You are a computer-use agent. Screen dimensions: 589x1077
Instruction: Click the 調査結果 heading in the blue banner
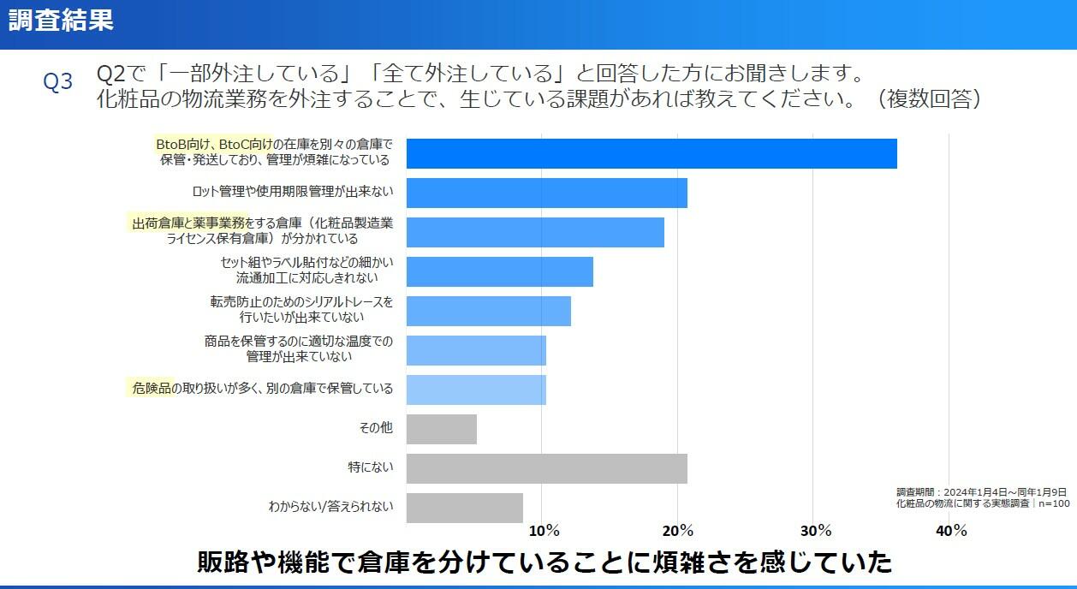click(x=62, y=21)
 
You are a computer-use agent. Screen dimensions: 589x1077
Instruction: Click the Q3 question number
click(x=58, y=81)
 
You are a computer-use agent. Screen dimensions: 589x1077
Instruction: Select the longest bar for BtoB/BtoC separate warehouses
click(x=651, y=153)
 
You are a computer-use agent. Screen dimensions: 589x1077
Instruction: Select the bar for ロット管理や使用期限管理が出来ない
click(x=546, y=193)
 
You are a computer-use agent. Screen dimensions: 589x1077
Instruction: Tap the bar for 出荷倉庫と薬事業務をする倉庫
click(x=535, y=232)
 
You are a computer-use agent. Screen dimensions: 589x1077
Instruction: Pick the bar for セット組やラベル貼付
click(x=499, y=271)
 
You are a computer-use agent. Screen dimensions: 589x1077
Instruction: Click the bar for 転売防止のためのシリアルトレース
click(x=488, y=311)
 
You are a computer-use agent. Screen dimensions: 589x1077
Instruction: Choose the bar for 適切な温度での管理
click(x=476, y=350)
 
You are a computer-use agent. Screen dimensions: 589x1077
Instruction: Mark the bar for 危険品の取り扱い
click(x=476, y=390)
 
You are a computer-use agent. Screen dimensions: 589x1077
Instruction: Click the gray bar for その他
click(x=441, y=429)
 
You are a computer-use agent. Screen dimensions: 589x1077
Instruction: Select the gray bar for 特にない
click(x=546, y=468)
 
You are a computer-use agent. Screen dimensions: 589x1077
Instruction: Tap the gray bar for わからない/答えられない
click(x=464, y=508)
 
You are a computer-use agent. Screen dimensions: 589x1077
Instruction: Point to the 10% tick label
click(x=544, y=531)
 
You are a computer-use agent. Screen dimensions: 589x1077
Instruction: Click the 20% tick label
click(x=679, y=531)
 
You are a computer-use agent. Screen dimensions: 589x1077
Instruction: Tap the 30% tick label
click(x=815, y=531)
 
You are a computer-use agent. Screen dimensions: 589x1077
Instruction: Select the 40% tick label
click(x=950, y=531)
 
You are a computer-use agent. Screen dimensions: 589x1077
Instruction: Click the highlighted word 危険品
click(x=152, y=389)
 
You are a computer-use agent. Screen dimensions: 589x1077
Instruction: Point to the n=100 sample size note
click(x=1054, y=503)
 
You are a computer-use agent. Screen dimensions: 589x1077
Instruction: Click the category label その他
click(x=376, y=427)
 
